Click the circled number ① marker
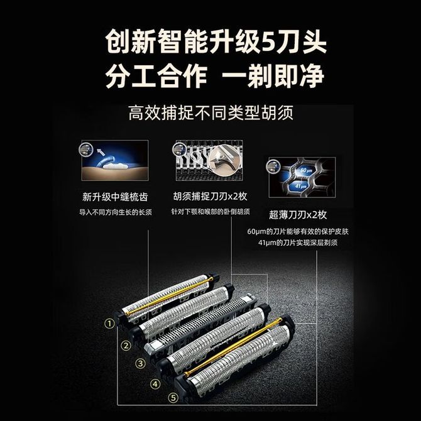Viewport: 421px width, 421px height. click(109, 324)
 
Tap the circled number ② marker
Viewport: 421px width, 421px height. click(126, 346)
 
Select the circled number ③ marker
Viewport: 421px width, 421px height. click(140, 364)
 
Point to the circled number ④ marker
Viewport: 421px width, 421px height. click(155, 384)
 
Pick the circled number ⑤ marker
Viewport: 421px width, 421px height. click(173, 398)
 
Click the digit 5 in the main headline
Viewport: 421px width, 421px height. click(268, 42)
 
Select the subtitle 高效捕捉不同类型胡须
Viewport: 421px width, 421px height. click(210, 112)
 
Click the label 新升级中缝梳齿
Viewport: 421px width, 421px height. click(115, 197)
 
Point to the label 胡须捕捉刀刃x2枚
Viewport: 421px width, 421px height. click(210, 196)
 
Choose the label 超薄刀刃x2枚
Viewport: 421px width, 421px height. click(298, 214)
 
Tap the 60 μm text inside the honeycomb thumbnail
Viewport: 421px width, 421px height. click(306, 170)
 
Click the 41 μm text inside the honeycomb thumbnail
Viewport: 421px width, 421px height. click(301, 185)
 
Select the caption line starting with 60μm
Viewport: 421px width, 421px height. click(298, 231)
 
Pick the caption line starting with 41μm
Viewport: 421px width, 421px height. click(298, 243)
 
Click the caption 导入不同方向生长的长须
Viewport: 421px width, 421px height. click(115, 212)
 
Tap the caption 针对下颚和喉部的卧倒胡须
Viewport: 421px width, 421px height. click(210, 212)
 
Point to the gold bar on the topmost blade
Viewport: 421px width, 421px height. click(170, 296)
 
